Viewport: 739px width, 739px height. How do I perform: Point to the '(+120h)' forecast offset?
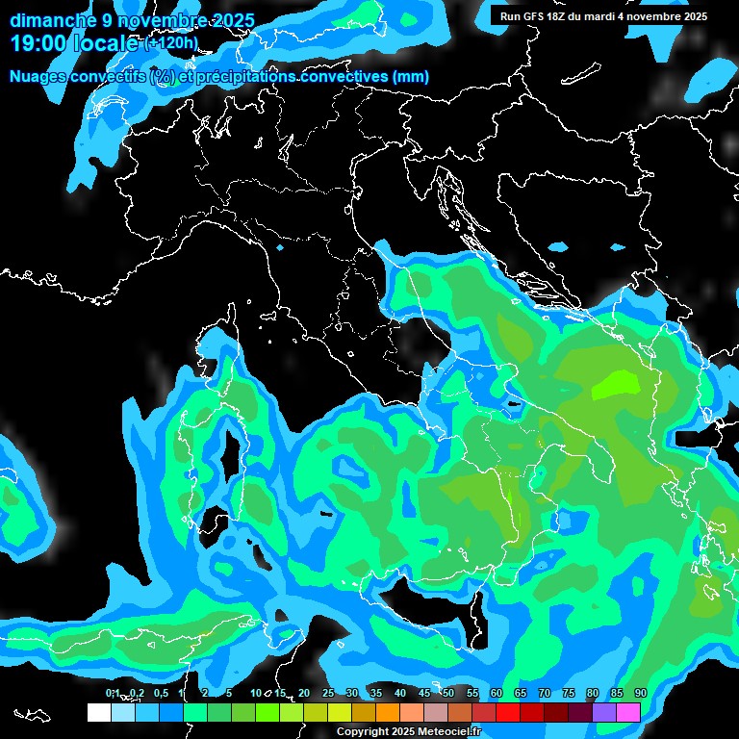coord(171,43)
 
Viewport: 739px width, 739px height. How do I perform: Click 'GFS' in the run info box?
coord(540,16)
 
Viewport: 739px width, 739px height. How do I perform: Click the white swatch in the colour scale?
coord(98,712)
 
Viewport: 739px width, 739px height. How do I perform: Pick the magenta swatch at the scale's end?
coord(628,712)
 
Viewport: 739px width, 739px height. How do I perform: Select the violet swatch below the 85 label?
coord(604,712)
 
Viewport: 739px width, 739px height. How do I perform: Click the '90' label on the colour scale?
coord(640,694)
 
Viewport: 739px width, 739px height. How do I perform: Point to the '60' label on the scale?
coord(496,694)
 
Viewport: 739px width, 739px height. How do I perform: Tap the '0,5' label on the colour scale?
coord(160,694)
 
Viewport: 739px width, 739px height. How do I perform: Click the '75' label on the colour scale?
coord(568,694)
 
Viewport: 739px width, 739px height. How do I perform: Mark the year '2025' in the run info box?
coord(694,16)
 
